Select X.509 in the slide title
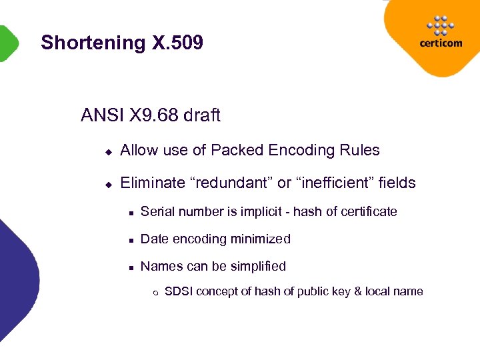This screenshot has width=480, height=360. pos(177,43)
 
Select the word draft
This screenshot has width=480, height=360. pos(202,116)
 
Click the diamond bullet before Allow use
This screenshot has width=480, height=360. pos(107,151)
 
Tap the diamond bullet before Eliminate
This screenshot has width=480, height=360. pos(107,183)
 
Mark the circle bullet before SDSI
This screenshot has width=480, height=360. pos(155,292)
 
